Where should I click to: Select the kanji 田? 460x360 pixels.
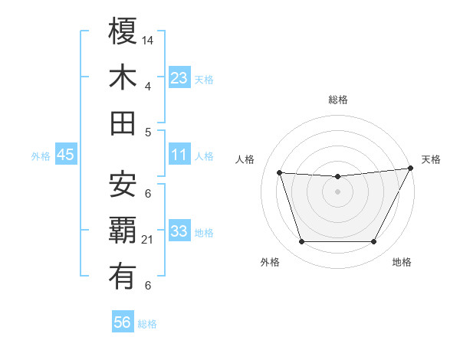tap(123, 123)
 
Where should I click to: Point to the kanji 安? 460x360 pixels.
tap(123, 184)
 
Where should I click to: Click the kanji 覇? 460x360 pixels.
tap(123, 230)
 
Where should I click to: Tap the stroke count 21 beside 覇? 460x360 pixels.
tap(149, 240)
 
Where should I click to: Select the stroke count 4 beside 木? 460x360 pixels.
tap(147, 87)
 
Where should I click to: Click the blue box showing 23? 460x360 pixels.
tap(179, 77)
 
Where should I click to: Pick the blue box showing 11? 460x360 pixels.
tap(179, 155)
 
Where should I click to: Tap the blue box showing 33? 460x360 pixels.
tap(179, 231)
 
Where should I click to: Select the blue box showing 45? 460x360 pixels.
tap(66, 155)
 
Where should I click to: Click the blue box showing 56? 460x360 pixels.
tap(122, 322)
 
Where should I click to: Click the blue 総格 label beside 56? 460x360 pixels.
tap(147, 324)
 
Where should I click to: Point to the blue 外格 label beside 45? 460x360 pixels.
tap(41, 156)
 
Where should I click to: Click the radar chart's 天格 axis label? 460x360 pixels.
tap(431, 159)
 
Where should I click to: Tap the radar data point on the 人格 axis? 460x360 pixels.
tap(279, 173)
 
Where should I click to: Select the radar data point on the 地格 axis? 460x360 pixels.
tap(373, 242)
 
